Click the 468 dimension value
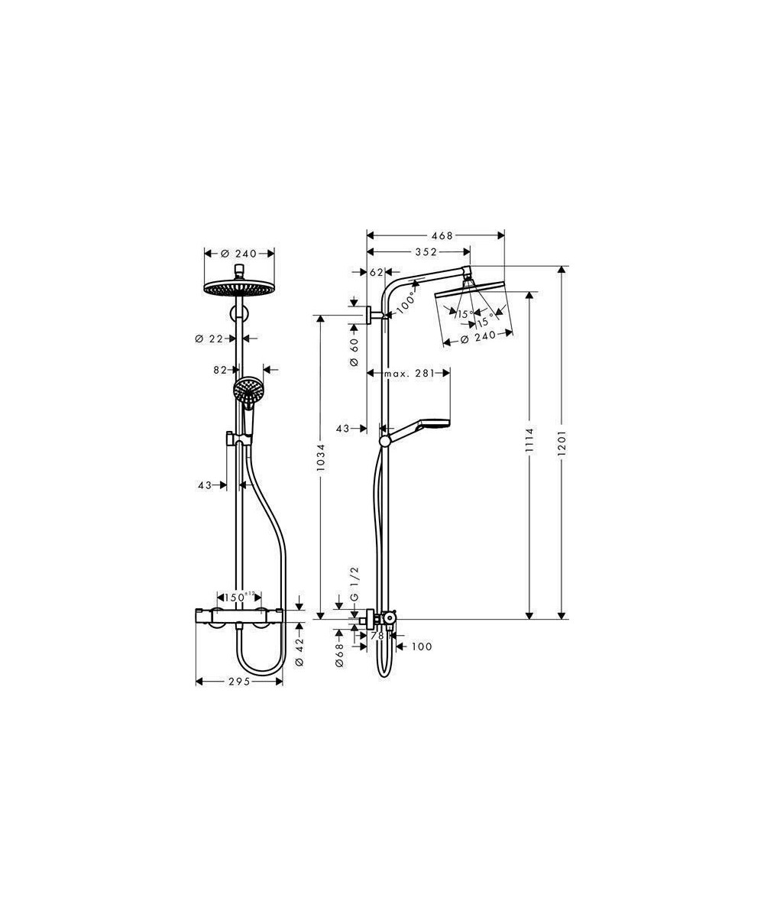pyautogui.click(x=442, y=236)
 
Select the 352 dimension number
pyautogui.click(x=426, y=251)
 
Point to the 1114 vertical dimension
pyautogui.click(x=529, y=442)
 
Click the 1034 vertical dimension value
pyautogui.click(x=321, y=458)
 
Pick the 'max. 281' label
pyautogui.click(x=410, y=374)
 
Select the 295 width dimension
pyautogui.click(x=239, y=681)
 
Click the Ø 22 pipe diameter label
pyautogui.click(x=209, y=339)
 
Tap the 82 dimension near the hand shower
pyautogui.click(x=219, y=370)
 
